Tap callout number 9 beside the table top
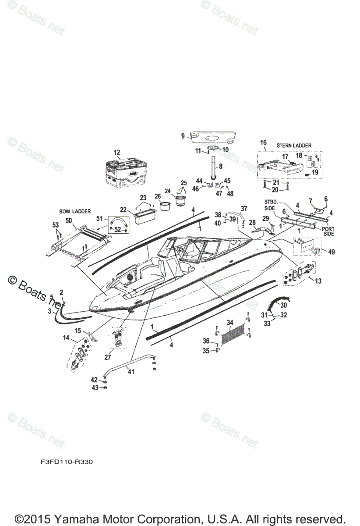[x=183, y=136]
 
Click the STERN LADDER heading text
[x=294, y=145]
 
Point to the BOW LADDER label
[x=75, y=211]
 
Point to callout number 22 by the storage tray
[x=123, y=210]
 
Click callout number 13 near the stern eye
[x=318, y=281]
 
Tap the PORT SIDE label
[x=329, y=231]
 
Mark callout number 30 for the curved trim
[x=284, y=305]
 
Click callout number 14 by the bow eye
[x=66, y=338]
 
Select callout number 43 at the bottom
[x=94, y=388]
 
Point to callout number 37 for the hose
[x=244, y=208]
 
